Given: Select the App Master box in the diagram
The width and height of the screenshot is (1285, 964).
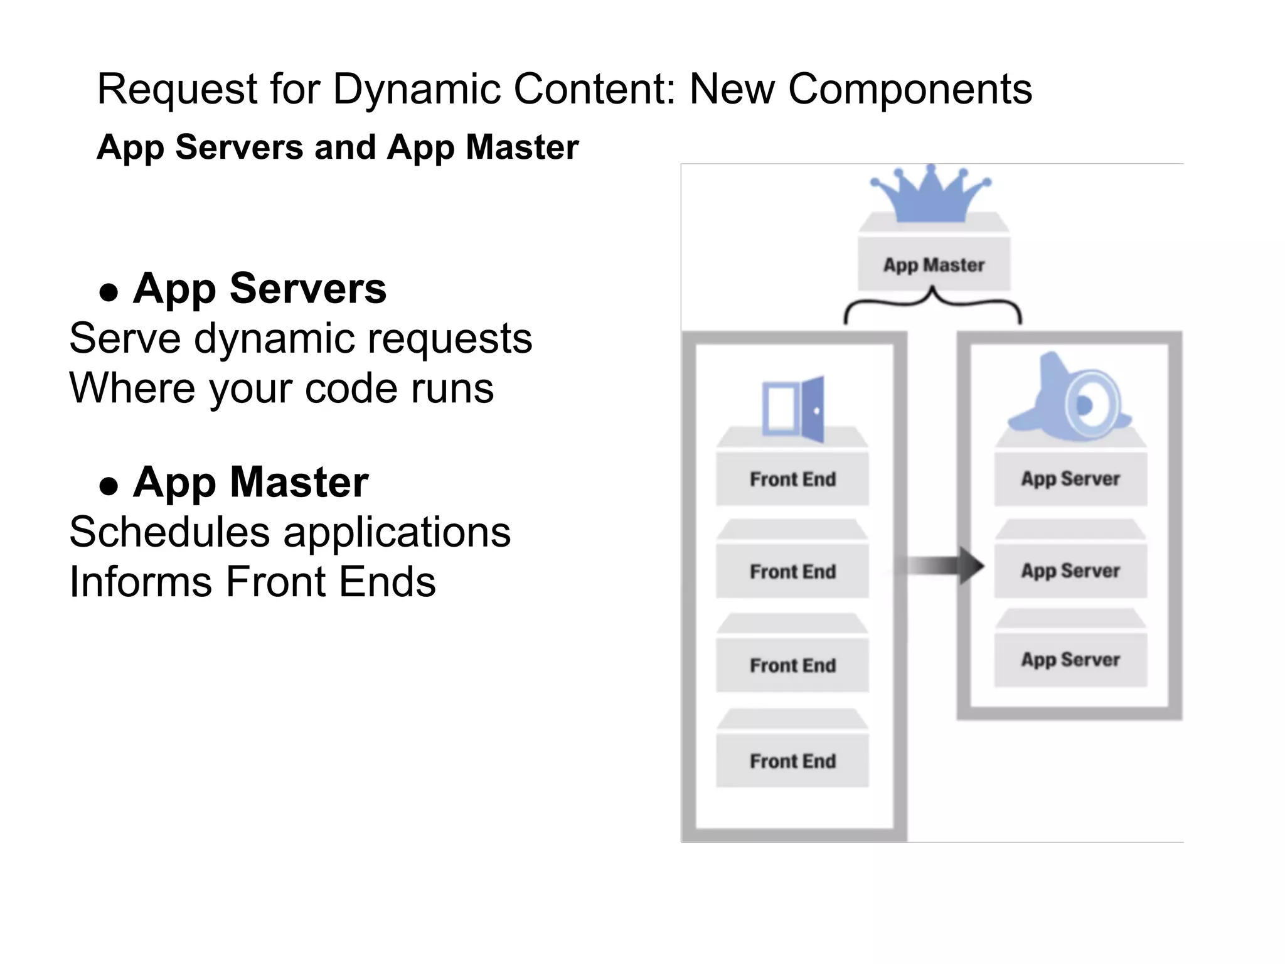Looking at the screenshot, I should [x=934, y=264].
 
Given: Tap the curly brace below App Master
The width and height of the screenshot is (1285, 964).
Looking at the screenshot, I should [x=933, y=304].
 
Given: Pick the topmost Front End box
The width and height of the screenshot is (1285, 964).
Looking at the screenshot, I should [x=792, y=479].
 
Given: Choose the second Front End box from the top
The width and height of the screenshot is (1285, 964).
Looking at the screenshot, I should [x=792, y=571].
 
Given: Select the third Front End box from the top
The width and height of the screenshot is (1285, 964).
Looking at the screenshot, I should [x=792, y=665].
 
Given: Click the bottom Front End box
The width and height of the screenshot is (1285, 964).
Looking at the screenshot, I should [x=792, y=761].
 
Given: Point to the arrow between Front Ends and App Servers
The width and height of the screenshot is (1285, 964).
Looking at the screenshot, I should [x=944, y=565].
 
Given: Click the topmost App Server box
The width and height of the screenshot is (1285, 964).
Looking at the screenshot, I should [x=1070, y=479].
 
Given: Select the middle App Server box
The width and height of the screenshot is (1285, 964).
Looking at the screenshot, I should [x=1070, y=570].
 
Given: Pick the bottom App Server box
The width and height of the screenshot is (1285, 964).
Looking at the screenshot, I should [x=1070, y=660].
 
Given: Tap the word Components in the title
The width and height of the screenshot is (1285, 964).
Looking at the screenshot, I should [x=909, y=90].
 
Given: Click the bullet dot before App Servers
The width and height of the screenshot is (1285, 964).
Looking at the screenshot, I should [x=109, y=292].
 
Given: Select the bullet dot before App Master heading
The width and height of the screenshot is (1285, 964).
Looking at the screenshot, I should [x=109, y=486].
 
